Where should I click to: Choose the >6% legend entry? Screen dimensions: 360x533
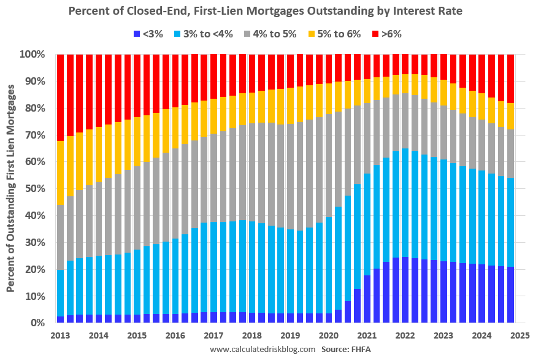[x=386, y=34]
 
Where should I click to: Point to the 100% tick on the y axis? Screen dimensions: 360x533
[x=32, y=55]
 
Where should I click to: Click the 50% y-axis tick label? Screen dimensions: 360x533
[x=34, y=189]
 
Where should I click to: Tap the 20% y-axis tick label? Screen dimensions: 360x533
[x=34, y=269]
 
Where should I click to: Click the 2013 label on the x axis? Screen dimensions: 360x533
[x=60, y=335]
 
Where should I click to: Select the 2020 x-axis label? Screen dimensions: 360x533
[x=328, y=335]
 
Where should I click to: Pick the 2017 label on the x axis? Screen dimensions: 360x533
[x=213, y=335]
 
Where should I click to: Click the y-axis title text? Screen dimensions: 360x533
[x=11, y=188]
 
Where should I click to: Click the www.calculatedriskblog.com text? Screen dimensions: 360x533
[x=263, y=350]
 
